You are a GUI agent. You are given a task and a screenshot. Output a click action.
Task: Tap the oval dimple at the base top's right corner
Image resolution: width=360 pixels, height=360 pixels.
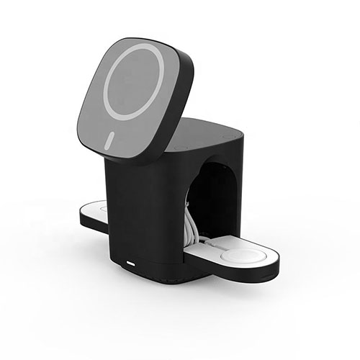click(228, 136)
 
